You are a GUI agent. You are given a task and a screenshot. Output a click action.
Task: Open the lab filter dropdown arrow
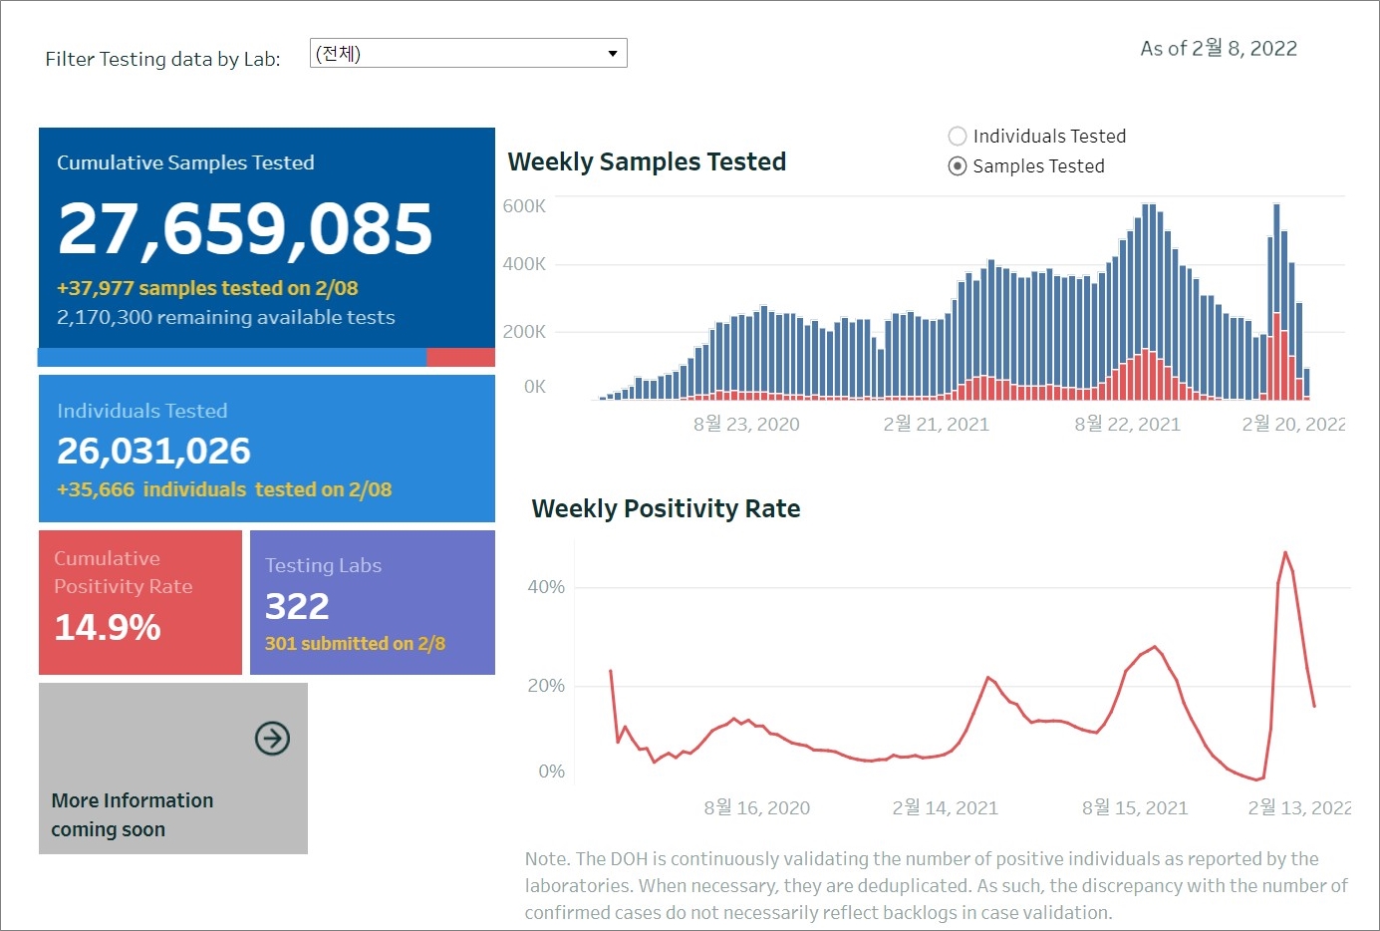point(613,54)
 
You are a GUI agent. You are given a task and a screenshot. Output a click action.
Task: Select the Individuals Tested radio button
point(958,137)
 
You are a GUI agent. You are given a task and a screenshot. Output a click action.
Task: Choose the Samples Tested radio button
point(958,166)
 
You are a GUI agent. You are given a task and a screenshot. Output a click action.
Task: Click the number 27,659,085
point(245,229)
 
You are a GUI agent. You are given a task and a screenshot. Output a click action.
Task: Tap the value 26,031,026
point(153,452)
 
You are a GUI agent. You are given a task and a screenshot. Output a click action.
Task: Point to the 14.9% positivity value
point(108,628)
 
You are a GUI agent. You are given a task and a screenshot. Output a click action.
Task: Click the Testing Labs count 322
point(297,606)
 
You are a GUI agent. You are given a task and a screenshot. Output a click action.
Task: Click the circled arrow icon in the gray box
point(272,739)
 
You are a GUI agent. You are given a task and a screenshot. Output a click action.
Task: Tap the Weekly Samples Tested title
point(647,161)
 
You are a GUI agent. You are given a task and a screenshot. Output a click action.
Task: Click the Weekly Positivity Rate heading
point(666,508)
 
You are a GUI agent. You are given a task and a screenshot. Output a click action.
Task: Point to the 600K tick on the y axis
point(524,206)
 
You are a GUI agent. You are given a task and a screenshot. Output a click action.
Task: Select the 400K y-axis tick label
point(524,264)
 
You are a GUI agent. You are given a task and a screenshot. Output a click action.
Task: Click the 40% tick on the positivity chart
point(546,587)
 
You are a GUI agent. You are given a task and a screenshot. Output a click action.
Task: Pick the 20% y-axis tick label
point(546,686)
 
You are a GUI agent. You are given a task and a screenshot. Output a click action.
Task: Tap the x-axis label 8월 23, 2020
point(746,425)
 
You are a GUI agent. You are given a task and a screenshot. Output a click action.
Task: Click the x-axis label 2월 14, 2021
point(945,808)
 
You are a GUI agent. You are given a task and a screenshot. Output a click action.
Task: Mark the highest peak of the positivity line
point(1285,552)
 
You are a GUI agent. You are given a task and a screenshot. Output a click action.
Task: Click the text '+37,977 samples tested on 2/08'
point(207,288)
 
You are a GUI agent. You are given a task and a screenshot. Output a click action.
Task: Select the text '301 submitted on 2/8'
point(355,644)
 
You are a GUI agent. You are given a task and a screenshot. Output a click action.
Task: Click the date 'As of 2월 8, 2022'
point(1219,49)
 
